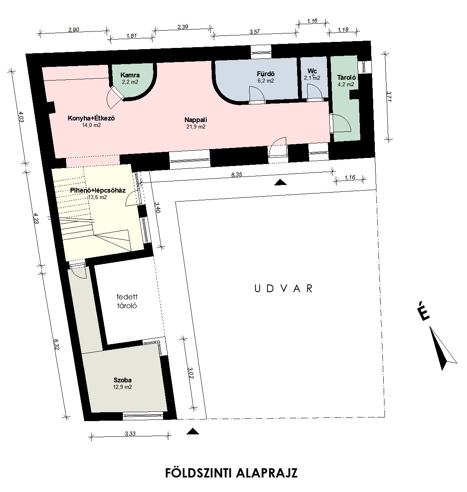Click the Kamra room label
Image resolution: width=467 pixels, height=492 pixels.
point(130,75)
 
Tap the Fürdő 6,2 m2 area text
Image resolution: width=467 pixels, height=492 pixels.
point(265,81)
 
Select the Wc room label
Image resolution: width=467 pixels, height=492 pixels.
point(312,71)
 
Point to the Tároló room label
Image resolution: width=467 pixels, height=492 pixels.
point(346,77)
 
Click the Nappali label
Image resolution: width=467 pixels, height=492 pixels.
point(196,120)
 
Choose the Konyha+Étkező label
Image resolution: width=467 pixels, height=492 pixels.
point(91,118)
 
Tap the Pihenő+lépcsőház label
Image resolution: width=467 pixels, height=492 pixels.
point(98,191)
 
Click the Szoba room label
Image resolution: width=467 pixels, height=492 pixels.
point(122,380)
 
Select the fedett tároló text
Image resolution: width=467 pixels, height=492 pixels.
point(127,301)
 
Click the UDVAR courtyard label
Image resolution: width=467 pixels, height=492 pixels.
point(284,289)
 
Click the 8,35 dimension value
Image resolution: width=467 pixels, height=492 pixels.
point(236,174)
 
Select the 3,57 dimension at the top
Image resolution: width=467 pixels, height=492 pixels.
point(254,32)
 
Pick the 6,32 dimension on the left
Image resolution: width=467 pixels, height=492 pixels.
point(56,345)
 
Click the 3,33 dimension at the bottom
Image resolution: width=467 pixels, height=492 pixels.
point(130,433)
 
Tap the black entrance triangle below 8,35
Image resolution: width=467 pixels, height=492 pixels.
point(280,183)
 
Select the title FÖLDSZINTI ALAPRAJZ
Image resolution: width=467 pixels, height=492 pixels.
point(231,473)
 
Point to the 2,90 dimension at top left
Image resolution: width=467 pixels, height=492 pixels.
point(74,30)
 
